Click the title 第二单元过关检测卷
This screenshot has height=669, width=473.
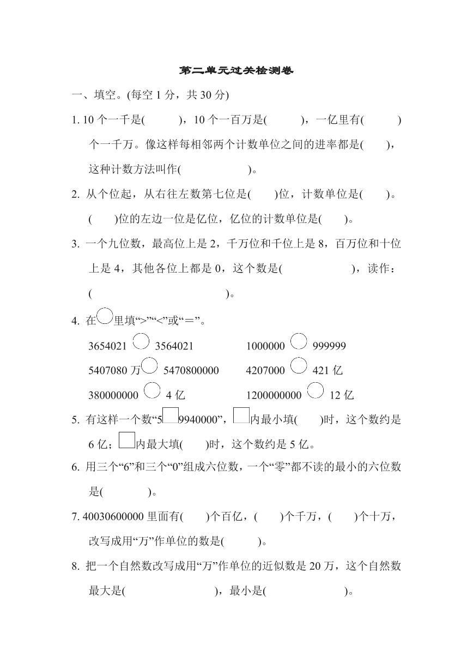236,71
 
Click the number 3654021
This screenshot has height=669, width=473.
107,346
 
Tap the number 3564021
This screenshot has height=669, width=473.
174,346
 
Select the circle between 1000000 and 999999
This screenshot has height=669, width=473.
299,341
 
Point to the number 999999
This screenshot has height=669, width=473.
329,346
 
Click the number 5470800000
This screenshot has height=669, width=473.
191,371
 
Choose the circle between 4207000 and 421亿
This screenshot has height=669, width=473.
299,365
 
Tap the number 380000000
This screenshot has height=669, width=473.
113,395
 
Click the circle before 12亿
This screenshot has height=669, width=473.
316,390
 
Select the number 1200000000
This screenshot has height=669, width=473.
274,395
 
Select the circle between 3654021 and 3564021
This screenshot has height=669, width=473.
141,341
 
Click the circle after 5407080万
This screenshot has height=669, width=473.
149,365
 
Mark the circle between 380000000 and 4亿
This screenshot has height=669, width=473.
152,390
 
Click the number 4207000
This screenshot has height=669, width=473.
265,371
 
